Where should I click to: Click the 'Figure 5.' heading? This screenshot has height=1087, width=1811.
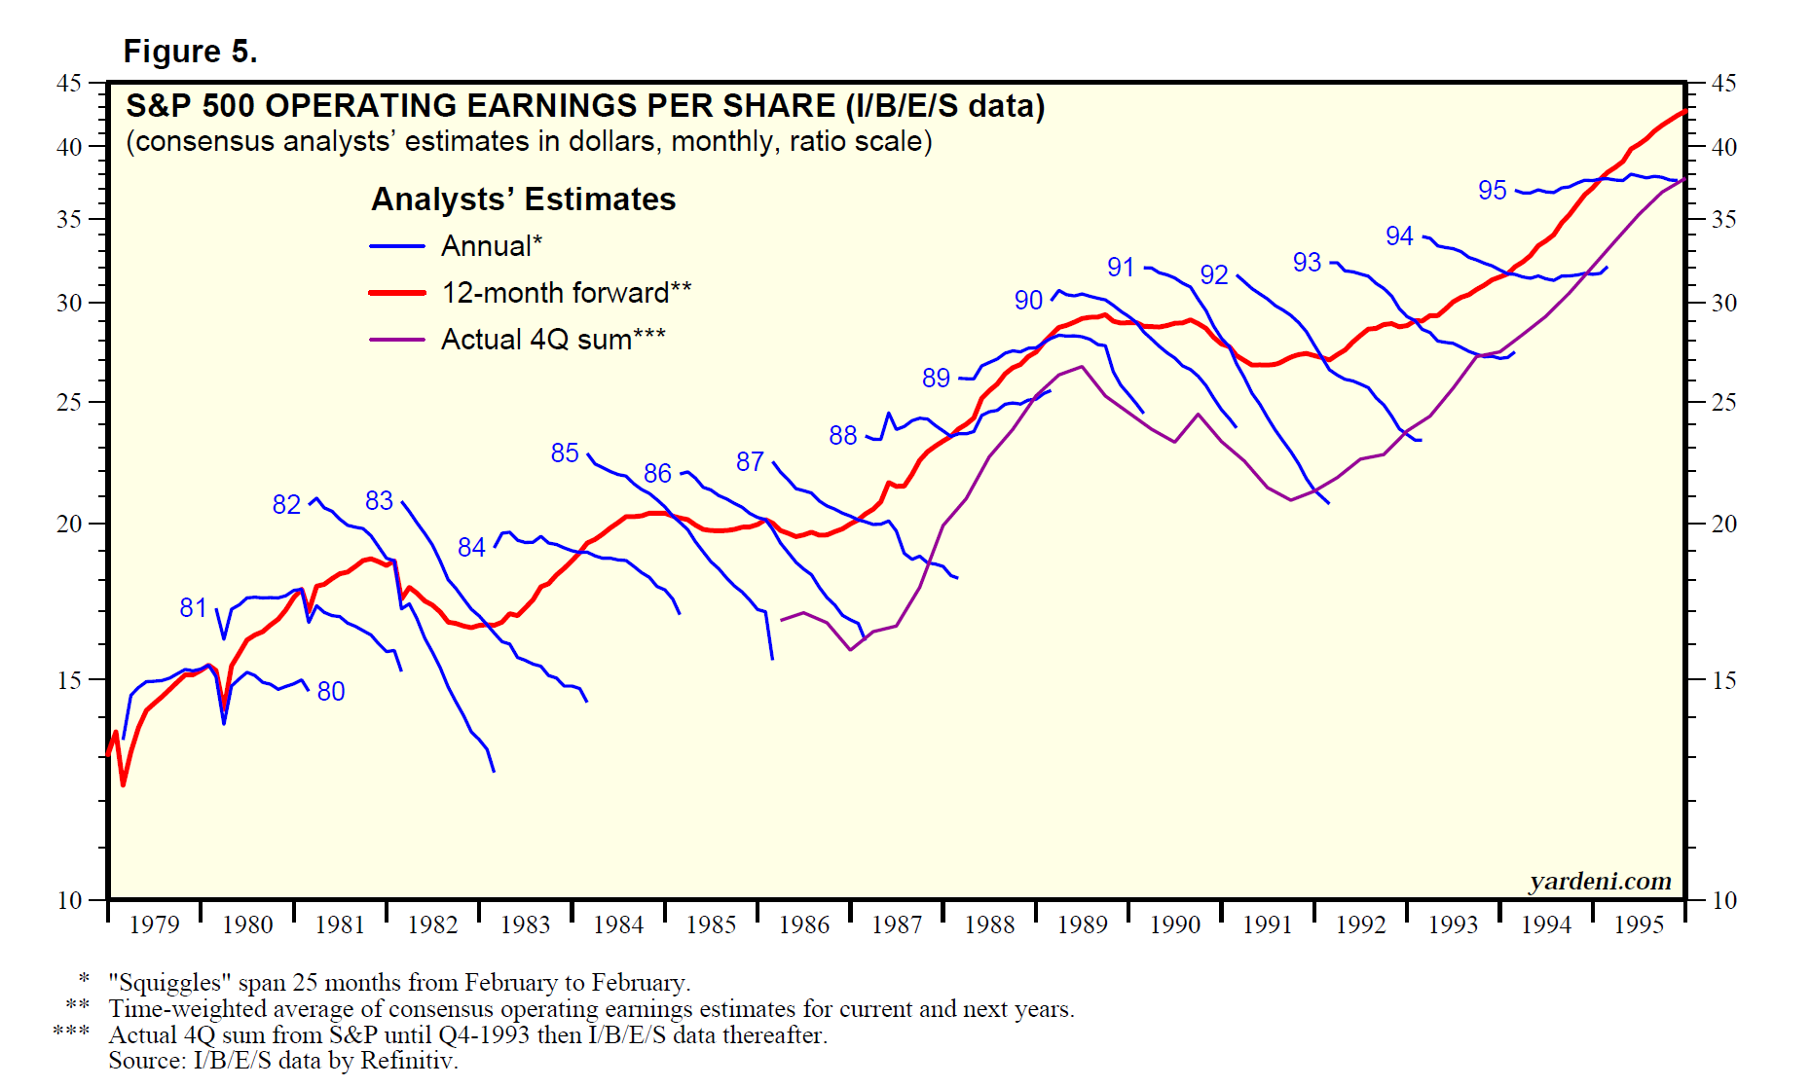pos(190,51)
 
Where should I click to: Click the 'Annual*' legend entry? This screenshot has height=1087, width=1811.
pos(491,246)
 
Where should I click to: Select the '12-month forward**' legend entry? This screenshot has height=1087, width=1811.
pos(566,293)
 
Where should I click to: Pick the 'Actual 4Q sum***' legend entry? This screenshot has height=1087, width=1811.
pos(552,340)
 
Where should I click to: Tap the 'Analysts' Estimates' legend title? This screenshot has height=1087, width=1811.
pos(523,199)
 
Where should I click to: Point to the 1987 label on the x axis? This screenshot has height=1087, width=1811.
pos(897,924)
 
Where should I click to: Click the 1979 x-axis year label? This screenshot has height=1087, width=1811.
pos(154,924)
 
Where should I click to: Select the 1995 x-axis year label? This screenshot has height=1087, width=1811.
pos(1639,924)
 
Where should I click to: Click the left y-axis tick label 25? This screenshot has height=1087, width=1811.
pos(69,402)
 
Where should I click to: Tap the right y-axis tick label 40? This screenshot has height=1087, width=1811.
pos(1723,147)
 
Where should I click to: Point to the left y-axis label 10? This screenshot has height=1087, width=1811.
pos(69,900)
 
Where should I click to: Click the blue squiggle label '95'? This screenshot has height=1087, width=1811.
pos(1492,191)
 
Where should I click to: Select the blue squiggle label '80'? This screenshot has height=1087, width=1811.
pos(331,692)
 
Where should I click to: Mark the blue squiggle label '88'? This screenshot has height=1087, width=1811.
pos(843,436)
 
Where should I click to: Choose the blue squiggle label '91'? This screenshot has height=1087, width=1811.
pos(1121,268)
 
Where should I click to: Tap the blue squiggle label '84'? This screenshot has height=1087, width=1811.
pos(471,548)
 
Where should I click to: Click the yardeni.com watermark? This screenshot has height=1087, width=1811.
pos(1600,881)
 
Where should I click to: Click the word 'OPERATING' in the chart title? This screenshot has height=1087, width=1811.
pos(355,106)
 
